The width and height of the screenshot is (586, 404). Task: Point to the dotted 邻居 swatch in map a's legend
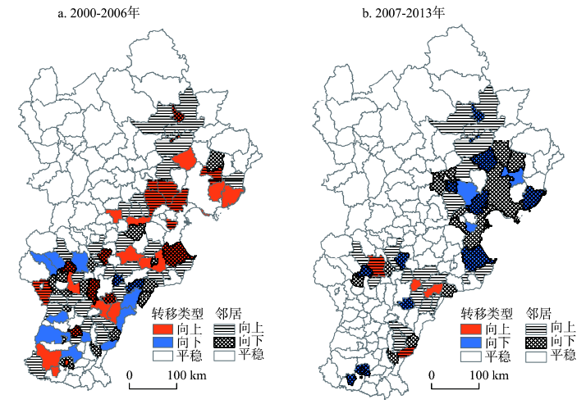pyautogui.click(x=224, y=342)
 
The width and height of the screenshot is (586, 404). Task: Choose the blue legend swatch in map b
pyautogui.click(x=472, y=342)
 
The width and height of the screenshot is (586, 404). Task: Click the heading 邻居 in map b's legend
pyautogui.click(x=539, y=313)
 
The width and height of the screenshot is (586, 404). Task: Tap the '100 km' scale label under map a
pyautogui.click(x=184, y=374)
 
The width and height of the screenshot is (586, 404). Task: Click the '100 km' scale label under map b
pyautogui.click(x=488, y=374)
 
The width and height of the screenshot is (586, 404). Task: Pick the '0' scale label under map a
pyautogui.click(x=130, y=374)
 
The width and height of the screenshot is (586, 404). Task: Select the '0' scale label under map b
pyautogui.click(x=433, y=374)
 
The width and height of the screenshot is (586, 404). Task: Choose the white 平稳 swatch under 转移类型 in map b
pyautogui.click(x=472, y=356)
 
